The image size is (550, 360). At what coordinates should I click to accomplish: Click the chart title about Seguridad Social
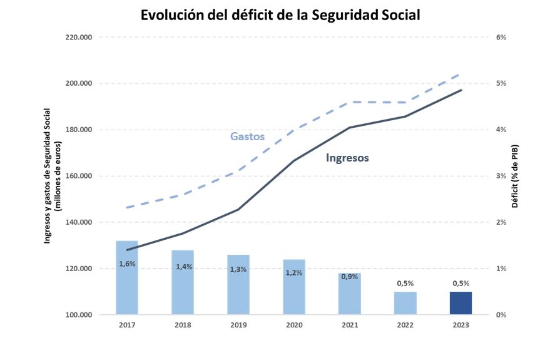tap(280, 15)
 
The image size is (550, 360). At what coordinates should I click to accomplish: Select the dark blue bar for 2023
tap(461, 303)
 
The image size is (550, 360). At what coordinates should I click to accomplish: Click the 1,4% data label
tap(183, 267)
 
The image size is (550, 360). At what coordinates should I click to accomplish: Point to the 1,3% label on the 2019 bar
tap(238, 269)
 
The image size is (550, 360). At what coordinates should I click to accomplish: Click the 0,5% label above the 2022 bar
tap(405, 283)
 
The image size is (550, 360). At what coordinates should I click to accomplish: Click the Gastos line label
tap(247, 136)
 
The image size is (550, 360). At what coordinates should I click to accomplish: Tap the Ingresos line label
tap(347, 158)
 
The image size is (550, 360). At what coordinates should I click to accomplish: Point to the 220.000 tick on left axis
tap(79, 38)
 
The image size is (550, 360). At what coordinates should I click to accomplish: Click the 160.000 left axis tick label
tap(79, 176)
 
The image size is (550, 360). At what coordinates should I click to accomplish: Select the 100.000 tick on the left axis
tap(79, 315)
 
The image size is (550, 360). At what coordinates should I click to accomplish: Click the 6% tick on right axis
tap(501, 38)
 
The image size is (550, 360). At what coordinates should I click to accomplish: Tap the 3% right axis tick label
tap(501, 176)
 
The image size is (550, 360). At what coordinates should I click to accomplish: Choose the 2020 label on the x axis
tap(294, 326)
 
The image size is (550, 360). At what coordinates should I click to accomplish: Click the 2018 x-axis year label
tap(183, 326)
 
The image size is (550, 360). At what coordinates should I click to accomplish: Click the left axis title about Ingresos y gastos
tap(53, 176)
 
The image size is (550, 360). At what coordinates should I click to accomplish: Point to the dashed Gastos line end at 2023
tap(461, 75)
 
